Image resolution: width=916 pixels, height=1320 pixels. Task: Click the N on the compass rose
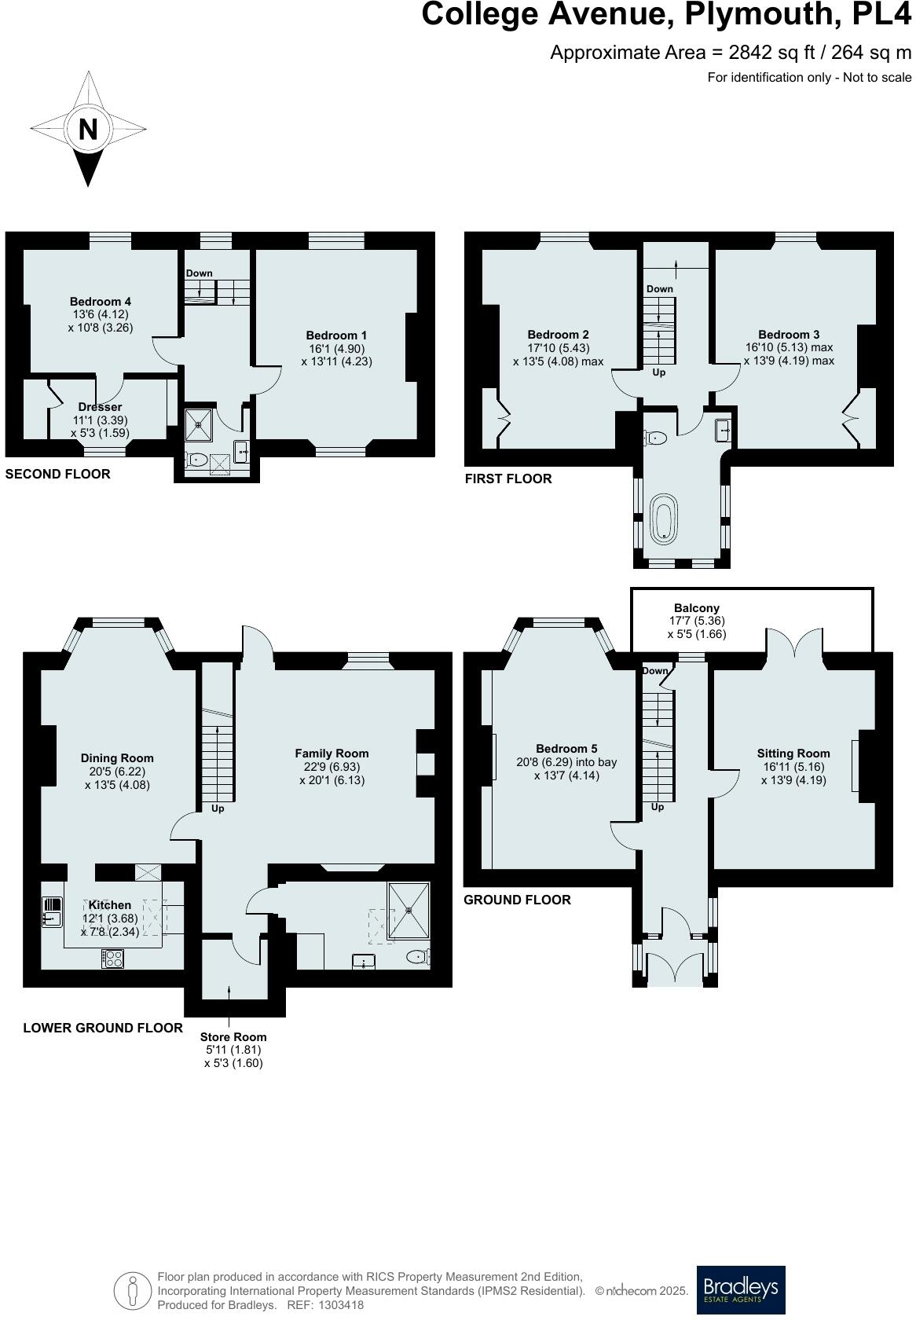click(x=88, y=128)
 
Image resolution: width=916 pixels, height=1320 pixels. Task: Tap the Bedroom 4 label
click(x=101, y=302)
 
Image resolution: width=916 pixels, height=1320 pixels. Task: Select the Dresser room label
click(x=100, y=407)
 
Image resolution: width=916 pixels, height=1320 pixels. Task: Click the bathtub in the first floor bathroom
click(x=665, y=519)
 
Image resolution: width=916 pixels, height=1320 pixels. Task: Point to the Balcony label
click(x=696, y=608)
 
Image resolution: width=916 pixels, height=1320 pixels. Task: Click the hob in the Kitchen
click(x=112, y=959)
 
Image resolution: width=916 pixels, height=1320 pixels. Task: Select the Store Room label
click(x=233, y=1037)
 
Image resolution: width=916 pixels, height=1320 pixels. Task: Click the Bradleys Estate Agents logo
click(x=741, y=1289)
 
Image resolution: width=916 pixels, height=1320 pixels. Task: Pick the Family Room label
click(x=332, y=753)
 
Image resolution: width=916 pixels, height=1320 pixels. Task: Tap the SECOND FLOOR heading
click(x=57, y=474)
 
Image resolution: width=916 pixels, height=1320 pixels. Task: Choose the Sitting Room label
click(x=793, y=753)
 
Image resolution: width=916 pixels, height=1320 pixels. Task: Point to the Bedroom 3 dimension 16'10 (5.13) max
click(x=789, y=347)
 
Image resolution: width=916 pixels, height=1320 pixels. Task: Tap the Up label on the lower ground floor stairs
click(x=218, y=808)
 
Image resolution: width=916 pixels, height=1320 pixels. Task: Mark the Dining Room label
click(x=117, y=758)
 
